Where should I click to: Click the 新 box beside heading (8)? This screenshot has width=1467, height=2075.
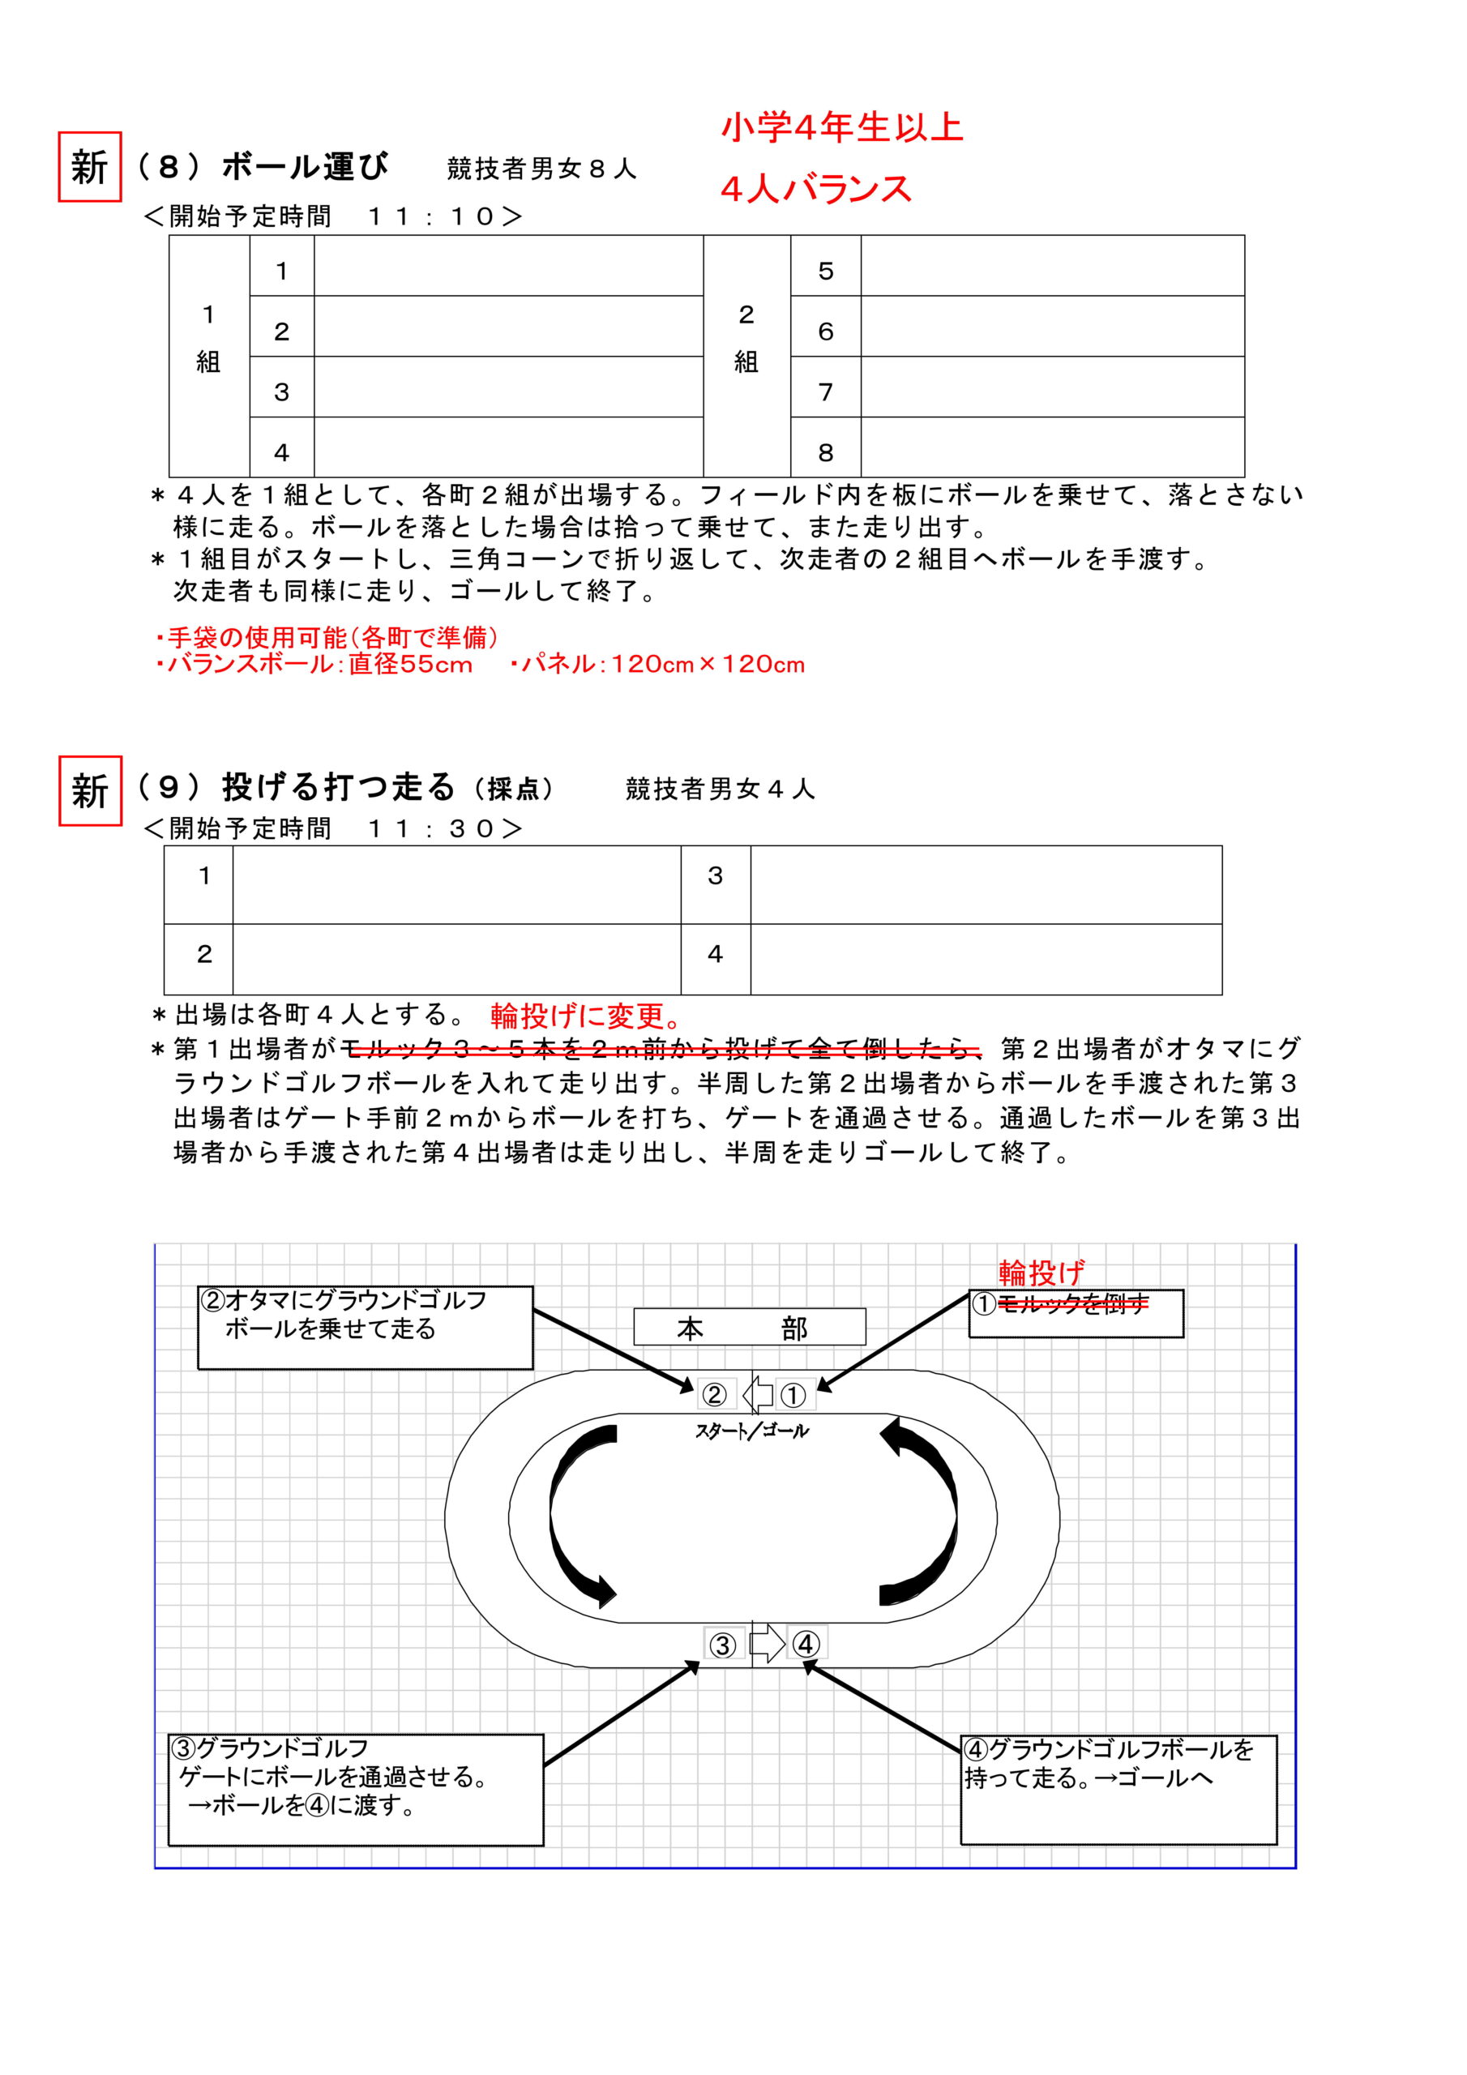[89, 167]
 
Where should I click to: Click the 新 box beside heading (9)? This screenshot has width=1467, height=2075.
[89, 791]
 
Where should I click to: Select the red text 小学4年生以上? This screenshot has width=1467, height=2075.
[841, 128]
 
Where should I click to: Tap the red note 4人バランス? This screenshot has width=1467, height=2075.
[815, 190]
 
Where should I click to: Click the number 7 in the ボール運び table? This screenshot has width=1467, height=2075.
[824, 392]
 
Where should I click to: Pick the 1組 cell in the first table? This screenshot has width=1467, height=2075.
[209, 339]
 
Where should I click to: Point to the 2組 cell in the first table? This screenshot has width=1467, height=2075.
[746, 339]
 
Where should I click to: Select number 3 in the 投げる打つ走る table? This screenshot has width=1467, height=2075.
[715, 875]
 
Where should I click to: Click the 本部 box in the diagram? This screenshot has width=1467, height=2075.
[750, 1328]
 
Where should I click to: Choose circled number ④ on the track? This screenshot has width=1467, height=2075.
[806, 1644]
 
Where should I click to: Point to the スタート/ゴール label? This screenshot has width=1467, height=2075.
[751, 1431]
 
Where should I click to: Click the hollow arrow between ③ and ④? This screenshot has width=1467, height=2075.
[768, 1643]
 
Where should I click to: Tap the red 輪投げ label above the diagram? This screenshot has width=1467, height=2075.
[1041, 1273]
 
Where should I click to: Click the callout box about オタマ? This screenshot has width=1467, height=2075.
[366, 1327]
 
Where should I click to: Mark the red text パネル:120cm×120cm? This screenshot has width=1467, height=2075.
[657, 665]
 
